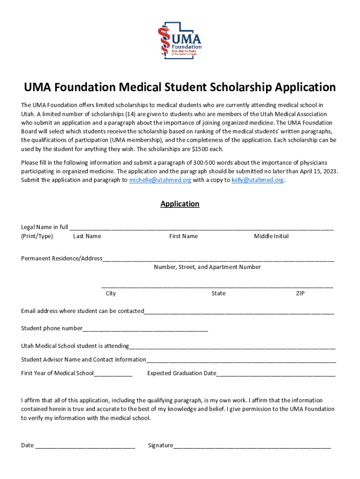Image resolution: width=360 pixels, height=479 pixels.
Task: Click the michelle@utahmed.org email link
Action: [160, 180]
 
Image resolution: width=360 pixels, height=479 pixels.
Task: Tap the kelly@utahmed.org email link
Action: [257, 180]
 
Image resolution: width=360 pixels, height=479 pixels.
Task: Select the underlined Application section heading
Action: [180, 204]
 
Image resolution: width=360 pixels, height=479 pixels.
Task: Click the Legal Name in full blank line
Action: [202, 228]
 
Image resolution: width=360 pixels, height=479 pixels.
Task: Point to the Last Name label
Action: [87, 236]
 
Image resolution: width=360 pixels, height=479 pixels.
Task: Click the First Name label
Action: [183, 236]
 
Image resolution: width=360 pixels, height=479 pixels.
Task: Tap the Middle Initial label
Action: [271, 236]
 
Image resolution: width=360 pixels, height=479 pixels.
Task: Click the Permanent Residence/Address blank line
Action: [218, 259]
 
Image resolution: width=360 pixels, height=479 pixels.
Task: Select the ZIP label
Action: [300, 293]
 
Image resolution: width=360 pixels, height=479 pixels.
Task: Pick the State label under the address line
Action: [218, 293]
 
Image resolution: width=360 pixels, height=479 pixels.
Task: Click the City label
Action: [111, 293]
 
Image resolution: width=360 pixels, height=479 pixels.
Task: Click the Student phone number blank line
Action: [145, 329]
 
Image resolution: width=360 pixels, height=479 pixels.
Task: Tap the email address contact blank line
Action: [239, 312]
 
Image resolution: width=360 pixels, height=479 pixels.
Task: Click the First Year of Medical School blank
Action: [113, 374]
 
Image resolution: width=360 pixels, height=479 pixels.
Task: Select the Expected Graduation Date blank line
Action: [276, 374]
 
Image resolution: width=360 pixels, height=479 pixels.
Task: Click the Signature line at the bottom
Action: [252, 446]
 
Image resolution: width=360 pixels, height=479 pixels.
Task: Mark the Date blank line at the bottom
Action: [85, 446]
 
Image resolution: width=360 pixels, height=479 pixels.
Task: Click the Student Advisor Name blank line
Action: [241, 360]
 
